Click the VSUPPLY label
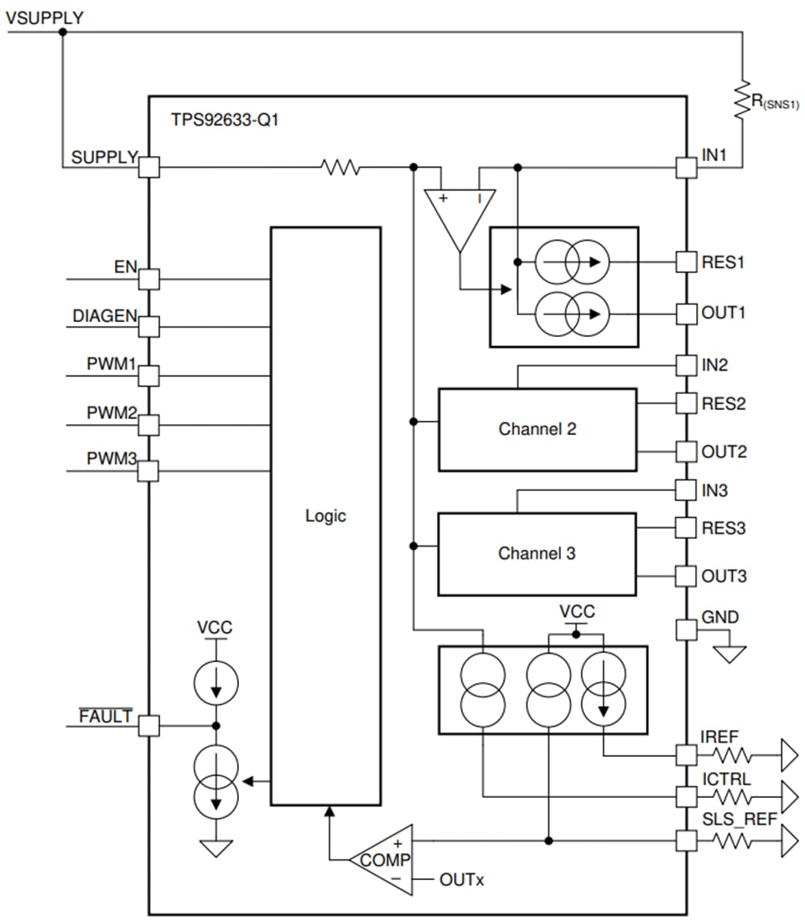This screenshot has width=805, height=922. [44, 17]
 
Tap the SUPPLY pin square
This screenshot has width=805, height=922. [148, 167]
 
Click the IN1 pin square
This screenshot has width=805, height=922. [687, 167]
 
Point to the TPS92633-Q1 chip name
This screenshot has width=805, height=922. [224, 120]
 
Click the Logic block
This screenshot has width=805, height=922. [325, 515]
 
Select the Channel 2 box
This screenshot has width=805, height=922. [537, 429]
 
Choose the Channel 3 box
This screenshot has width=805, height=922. [537, 553]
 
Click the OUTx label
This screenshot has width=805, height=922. [461, 880]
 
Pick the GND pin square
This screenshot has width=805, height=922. [687, 629]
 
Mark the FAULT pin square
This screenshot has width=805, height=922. [148, 726]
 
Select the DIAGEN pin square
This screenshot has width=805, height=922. [148, 326]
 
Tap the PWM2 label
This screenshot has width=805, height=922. [111, 413]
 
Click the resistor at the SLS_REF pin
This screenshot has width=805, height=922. [731, 841]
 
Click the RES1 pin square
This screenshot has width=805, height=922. [687, 262]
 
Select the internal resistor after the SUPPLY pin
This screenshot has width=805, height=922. [340, 168]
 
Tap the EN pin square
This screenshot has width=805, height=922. [148, 278]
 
